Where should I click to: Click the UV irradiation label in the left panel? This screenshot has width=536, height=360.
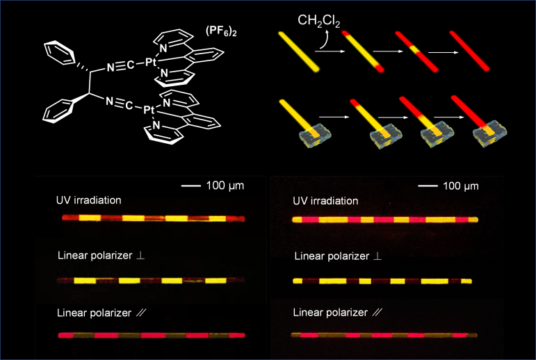(89, 200)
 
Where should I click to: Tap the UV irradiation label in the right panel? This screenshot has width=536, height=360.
(325, 201)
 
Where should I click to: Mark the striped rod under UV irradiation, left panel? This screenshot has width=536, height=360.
(154, 218)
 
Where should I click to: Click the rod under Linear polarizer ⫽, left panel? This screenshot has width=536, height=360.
(154, 336)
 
